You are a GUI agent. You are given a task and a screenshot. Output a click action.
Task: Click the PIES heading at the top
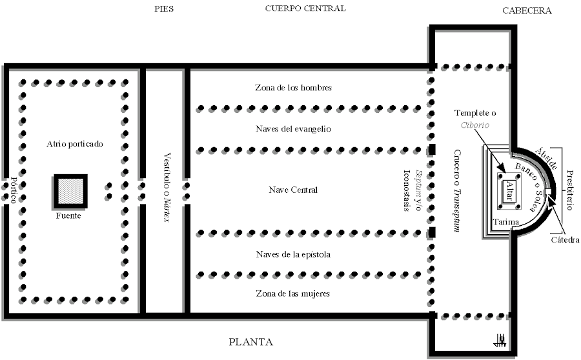(165, 9)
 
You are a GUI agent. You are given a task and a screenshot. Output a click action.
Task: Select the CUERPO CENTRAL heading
(305, 8)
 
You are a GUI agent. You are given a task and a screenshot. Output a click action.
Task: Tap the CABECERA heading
(527, 11)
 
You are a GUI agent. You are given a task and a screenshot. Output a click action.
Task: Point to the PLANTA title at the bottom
(250, 342)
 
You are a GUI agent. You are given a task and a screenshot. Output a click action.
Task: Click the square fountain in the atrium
(69, 192)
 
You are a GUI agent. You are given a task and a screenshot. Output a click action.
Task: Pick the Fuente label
(68, 216)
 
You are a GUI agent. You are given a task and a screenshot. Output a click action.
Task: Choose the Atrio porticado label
(74, 143)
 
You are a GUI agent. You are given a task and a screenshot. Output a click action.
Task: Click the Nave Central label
(293, 190)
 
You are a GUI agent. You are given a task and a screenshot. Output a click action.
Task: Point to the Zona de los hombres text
(293, 88)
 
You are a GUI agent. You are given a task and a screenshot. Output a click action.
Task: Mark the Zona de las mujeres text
(293, 294)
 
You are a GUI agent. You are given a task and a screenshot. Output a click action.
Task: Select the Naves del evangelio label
(293, 129)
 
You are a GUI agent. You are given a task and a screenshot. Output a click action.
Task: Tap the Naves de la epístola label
(293, 254)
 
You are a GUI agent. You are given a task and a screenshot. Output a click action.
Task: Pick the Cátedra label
(564, 240)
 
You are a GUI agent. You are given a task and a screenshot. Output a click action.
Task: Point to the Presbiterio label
(569, 190)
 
